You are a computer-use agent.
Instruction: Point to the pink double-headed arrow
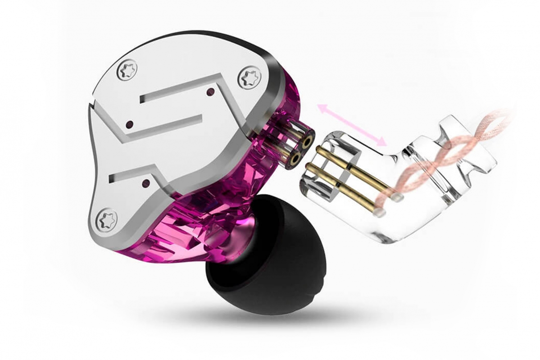coord(352,124)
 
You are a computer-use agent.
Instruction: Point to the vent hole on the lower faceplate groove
coord(146,183)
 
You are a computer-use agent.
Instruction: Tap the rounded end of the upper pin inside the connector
coord(397,196)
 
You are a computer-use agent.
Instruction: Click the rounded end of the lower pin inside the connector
coord(381,211)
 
